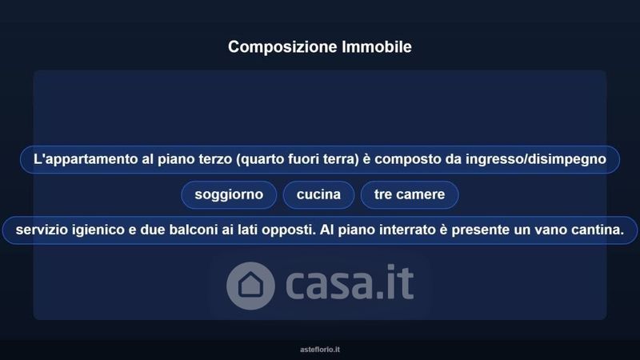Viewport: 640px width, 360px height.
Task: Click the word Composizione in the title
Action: (x=283, y=47)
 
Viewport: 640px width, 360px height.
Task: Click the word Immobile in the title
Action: (x=377, y=46)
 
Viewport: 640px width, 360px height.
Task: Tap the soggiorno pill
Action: (x=229, y=194)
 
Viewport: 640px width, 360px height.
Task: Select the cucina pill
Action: (x=318, y=194)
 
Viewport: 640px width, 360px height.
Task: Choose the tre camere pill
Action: (x=410, y=194)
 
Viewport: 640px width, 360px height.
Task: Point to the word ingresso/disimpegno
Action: (x=536, y=159)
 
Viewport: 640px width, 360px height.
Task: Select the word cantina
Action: (x=598, y=230)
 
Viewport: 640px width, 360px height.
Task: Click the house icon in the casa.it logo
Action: (x=250, y=286)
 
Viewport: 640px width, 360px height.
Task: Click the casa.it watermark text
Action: (x=350, y=282)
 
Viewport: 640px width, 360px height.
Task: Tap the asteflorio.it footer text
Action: (x=320, y=350)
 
